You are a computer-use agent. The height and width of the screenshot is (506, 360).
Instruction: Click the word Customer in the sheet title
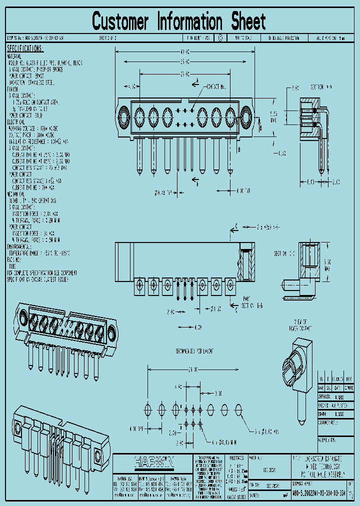click(120, 22)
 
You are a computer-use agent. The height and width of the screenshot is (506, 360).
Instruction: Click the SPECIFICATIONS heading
click(25, 48)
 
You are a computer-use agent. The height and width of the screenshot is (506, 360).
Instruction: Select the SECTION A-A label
click(321, 86)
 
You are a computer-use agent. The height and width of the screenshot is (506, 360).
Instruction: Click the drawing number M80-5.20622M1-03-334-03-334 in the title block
click(319, 492)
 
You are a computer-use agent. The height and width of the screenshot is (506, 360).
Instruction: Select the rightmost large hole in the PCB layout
click(239, 408)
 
